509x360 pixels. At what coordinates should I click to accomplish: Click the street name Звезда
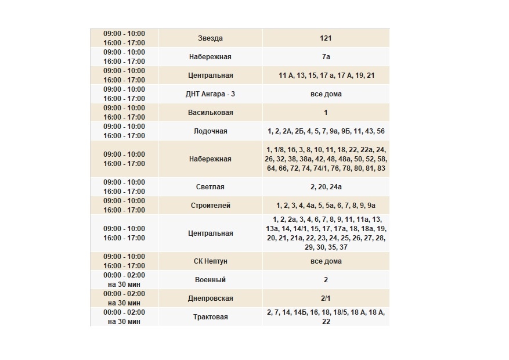pos(210,38)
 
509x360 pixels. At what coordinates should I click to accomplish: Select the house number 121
pos(326,38)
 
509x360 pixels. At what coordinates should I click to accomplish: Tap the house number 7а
pos(326,57)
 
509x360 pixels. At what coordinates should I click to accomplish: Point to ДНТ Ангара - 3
pos(210,94)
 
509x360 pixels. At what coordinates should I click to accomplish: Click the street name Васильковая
pos(210,113)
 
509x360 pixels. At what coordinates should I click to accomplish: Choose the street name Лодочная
pos(210,131)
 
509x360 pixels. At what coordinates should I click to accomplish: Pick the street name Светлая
pos(210,187)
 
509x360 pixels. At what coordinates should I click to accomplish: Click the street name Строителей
pos(210,206)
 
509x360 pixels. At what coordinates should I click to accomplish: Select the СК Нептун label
pos(210,261)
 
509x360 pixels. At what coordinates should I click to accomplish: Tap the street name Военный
pos(210,280)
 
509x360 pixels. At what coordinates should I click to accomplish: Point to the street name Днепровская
pos(210,298)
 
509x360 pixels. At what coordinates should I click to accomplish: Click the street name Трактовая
pos(210,317)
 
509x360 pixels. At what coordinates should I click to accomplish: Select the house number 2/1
pos(326,298)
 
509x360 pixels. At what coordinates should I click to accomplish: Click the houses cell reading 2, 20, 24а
pos(326,187)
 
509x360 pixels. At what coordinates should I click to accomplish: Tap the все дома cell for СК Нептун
pos(326,261)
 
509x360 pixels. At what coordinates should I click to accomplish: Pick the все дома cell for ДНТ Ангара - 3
pos(326,94)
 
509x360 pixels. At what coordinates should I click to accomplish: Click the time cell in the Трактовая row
pos(124,317)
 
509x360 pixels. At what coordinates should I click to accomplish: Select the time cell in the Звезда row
pos(124,38)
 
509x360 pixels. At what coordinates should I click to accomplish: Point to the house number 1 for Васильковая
pos(326,113)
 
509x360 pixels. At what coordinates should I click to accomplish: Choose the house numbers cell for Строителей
pos(326,206)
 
